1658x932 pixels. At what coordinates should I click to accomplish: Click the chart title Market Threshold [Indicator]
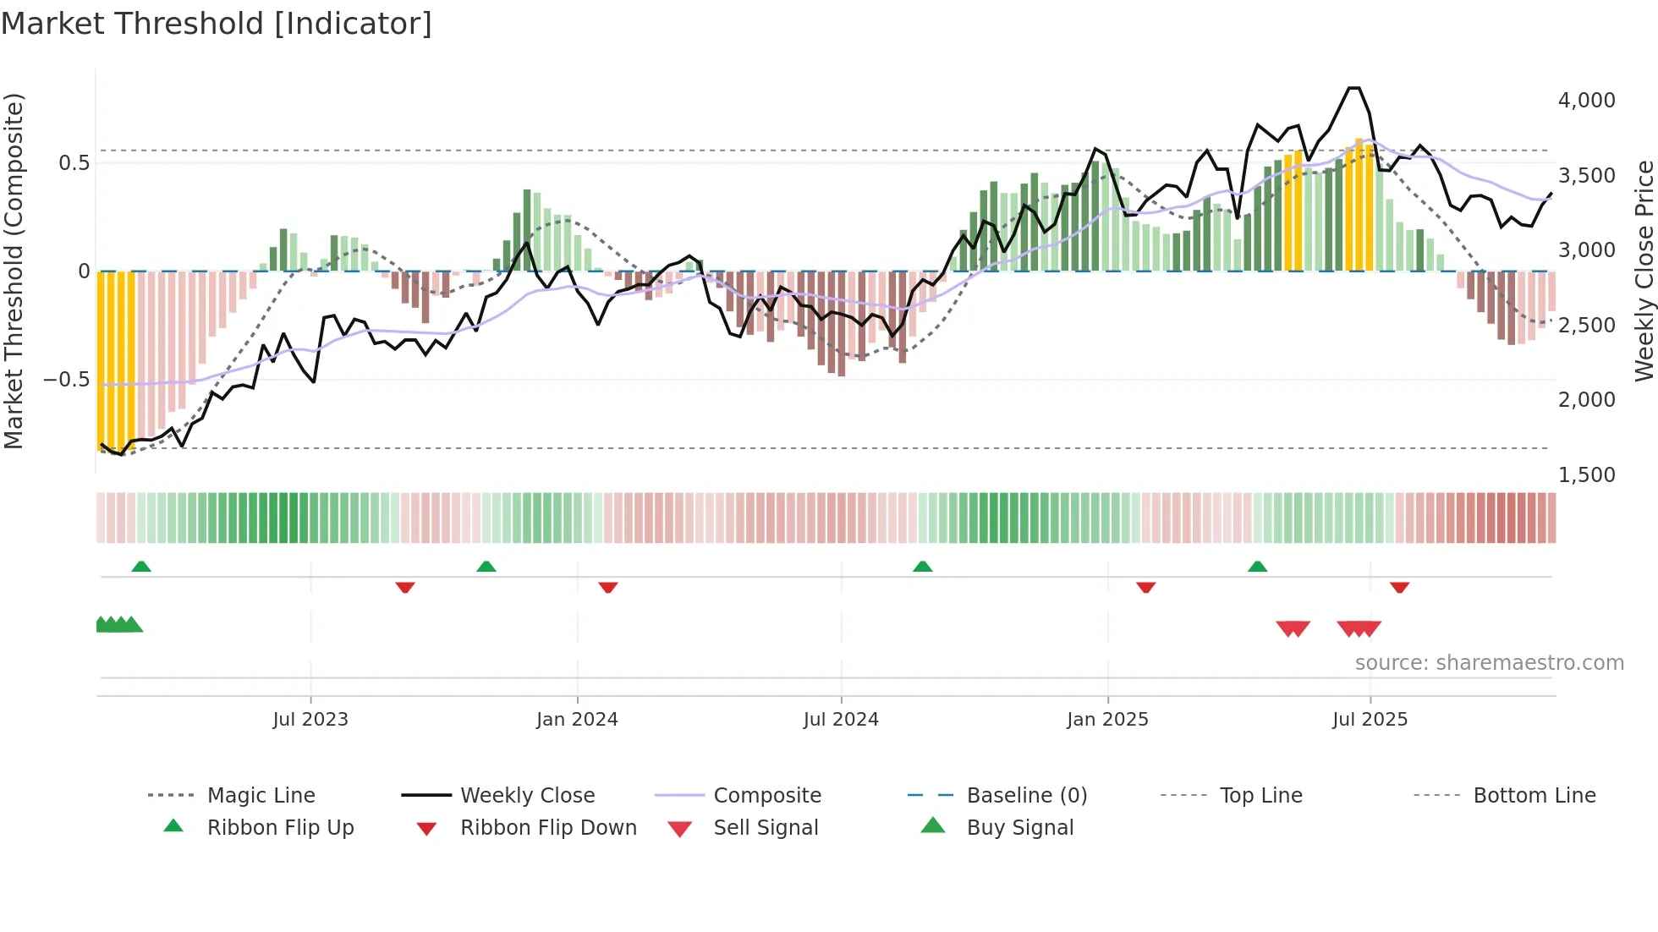pyautogui.click(x=217, y=24)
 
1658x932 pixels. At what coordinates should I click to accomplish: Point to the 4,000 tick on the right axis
pyautogui.click(x=1586, y=101)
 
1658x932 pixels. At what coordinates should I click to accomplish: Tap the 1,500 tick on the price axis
pyautogui.click(x=1586, y=475)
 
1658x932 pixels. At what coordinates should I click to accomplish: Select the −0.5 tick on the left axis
pyautogui.click(x=66, y=380)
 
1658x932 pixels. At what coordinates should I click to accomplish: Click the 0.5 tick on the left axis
pyautogui.click(x=74, y=163)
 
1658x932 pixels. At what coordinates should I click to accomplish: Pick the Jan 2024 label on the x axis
pyautogui.click(x=577, y=720)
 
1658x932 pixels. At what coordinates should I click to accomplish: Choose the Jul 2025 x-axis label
pyautogui.click(x=1370, y=720)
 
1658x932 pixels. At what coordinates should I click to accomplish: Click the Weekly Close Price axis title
pyautogui.click(x=1644, y=271)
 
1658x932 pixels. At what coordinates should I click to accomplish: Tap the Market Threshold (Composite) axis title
pyautogui.click(x=14, y=271)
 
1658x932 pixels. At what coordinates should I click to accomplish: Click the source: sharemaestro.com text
pyautogui.click(x=1489, y=663)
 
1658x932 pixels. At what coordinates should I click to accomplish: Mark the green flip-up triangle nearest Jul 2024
pyautogui.click(x=922, y=567)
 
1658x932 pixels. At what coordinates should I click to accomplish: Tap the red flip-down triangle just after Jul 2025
pyautogui.click(x=1399, y=587)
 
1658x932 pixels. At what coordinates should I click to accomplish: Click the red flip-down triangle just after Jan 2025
pyautogui.click(x=1145, y=587)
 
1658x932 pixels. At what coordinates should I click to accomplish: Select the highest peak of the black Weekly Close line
pyautogui.click(x=1354, y=88)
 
